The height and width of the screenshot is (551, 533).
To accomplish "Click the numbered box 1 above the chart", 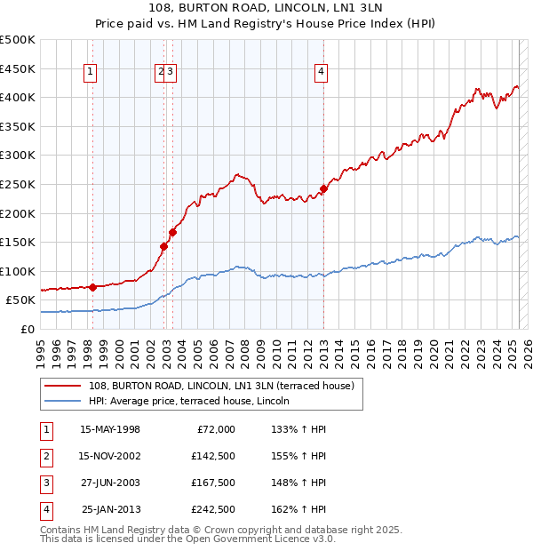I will pos(91,74).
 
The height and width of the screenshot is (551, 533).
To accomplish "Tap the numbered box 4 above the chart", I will pos(321,74).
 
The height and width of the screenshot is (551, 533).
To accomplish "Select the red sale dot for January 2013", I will pos(324,188).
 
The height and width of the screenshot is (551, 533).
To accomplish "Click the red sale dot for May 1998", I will pos(93,287).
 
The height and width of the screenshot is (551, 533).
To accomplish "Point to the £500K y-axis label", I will pos(18,40).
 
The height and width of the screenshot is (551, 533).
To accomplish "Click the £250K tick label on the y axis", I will pos(18,184).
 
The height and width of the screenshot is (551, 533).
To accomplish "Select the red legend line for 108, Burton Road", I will pos(62,386).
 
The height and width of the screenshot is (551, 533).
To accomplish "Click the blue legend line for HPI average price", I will pos(62,401).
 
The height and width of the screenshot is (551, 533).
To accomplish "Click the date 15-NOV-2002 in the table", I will pos(110,456).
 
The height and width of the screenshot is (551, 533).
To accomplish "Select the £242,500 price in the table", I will pos(213,509).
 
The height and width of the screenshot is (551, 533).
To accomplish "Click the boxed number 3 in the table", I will pos(45,483).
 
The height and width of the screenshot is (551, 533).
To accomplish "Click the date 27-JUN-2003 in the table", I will pos(110,483).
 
